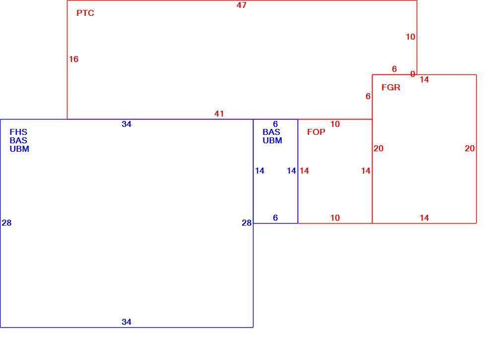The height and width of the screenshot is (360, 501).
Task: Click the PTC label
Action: [85, 13]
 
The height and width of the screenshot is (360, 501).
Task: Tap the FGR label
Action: [391, 88]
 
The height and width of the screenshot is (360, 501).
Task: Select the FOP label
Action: [316, 132]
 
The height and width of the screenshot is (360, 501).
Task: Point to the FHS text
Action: [18, 132]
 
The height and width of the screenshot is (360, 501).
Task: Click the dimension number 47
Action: [242, 5]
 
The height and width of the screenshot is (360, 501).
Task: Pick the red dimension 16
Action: [73, 59]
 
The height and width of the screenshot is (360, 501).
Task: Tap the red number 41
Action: [219, 114]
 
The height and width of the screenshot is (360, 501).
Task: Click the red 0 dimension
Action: [413, 74]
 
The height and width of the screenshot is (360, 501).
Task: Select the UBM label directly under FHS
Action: [19, 149]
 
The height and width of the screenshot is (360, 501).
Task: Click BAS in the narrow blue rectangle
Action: [271, 132]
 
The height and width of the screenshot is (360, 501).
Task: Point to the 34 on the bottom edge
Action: [126, 322]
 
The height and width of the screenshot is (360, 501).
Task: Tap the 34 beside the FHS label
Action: [126, 124]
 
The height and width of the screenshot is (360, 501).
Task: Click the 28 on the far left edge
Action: [6, 223]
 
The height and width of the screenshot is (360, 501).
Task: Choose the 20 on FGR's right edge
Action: [470, 148]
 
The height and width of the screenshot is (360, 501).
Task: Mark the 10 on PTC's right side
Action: [410, 37]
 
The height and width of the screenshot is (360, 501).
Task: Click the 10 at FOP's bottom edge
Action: [335, 218]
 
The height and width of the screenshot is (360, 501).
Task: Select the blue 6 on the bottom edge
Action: [275, 218]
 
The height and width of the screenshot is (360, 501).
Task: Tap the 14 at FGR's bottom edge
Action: [424, 218]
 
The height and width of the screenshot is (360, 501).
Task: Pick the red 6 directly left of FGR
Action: [368, 96]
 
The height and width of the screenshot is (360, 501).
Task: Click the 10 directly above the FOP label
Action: [335, 124]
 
